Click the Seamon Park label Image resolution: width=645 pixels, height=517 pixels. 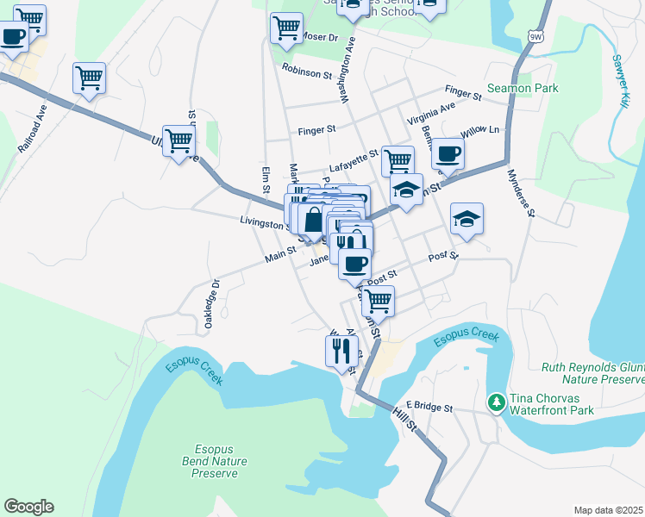pyautogui.click(x=523, y=89)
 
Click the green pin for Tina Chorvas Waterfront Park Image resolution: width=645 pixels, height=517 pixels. pyautogui.click(x=496, y=402)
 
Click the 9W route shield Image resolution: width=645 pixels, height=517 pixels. pyautogui.click(x=536, y=36)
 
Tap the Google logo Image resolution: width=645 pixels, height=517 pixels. pyautogui.click(x=28, y=507)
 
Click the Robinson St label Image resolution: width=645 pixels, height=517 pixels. pyautogui.click(x=307, y=74)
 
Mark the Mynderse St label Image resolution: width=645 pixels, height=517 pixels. pyautogui.click(x=521, y=193)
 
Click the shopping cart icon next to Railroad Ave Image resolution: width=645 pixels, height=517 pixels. pyautogui.click(x=89, y=78)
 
